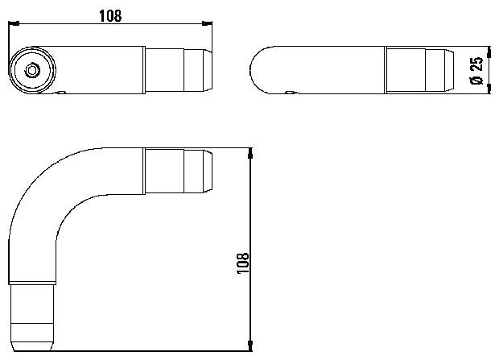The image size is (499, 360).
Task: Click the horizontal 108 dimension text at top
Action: [x=110, y=16]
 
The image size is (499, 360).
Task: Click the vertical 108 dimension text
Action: [x=243, y=263]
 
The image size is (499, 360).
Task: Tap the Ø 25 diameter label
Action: [x=476, y=71]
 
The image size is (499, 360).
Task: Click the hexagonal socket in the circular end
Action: [x=31, y=70]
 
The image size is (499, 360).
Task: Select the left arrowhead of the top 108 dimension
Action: [x=14, y=23]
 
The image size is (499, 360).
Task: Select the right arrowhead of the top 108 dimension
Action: [x=207, y=23]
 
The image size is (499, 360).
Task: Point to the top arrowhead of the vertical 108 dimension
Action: [x=250, y=153]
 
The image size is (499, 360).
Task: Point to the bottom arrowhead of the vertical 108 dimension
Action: [x=250, y=346]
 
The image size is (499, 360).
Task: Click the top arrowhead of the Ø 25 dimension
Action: [x=489, y=51]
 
